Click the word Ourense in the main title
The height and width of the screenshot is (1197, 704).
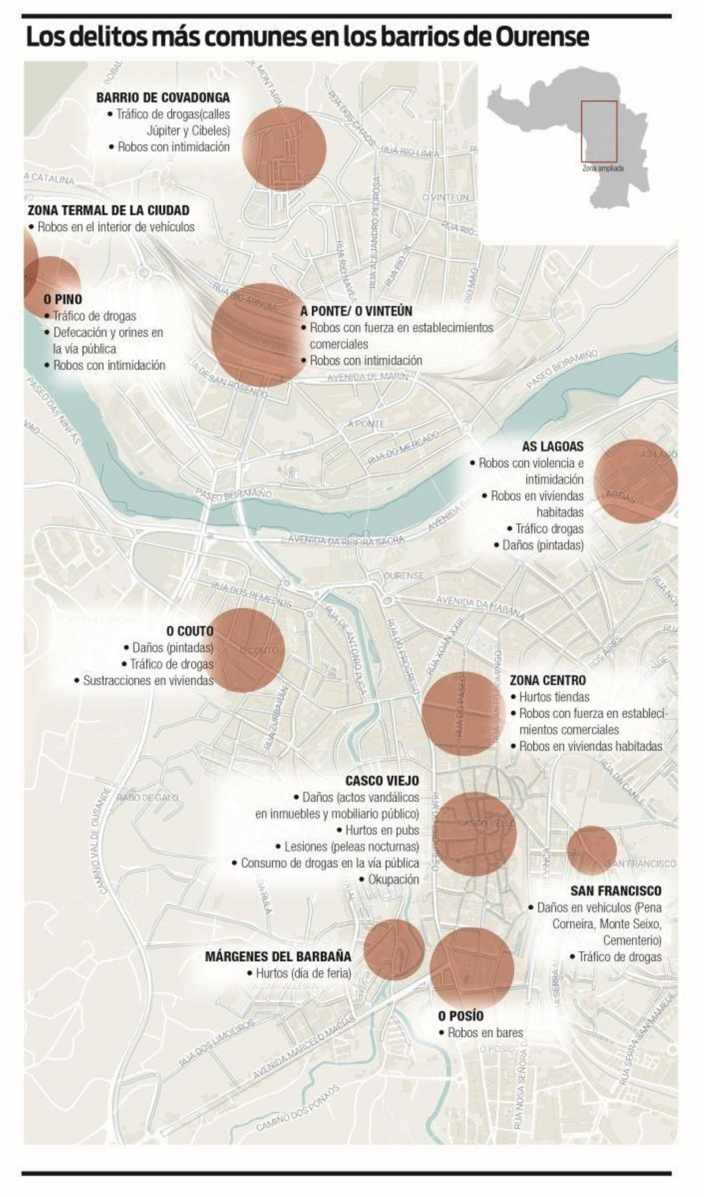tap(542, 37)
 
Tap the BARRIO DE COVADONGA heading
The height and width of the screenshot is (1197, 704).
tap(163, 98)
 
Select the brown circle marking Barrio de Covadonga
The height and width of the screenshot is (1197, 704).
tap(284, 148)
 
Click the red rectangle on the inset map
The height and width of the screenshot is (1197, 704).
tap(599, 131)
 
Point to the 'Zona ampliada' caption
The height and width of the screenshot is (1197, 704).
tap(603, 169)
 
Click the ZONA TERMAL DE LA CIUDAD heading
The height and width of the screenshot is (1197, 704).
tap(108, 210)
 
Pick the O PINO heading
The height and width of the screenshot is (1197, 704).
tap(63, 299)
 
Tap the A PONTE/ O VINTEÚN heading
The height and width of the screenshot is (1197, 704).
tap(356, 311)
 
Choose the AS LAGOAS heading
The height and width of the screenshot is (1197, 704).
tap(553, 447)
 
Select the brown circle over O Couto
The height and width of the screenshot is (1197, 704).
tap(243, 650)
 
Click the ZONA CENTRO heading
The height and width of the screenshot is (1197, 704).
tap(548, 681)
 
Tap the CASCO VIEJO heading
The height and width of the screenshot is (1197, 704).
tap(382, 781)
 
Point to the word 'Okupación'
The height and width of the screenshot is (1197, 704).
tap(393, 880)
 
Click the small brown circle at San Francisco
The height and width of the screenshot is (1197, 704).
tap(591, 850)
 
